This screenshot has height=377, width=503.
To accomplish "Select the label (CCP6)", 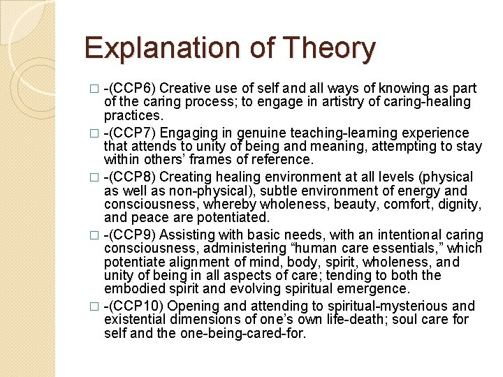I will (x=132, y=89).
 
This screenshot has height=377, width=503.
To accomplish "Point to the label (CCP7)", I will (x=132, y=133).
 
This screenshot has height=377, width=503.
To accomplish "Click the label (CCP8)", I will (x=132, y=177).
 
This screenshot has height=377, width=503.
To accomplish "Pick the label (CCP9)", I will (x=132, y=235).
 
